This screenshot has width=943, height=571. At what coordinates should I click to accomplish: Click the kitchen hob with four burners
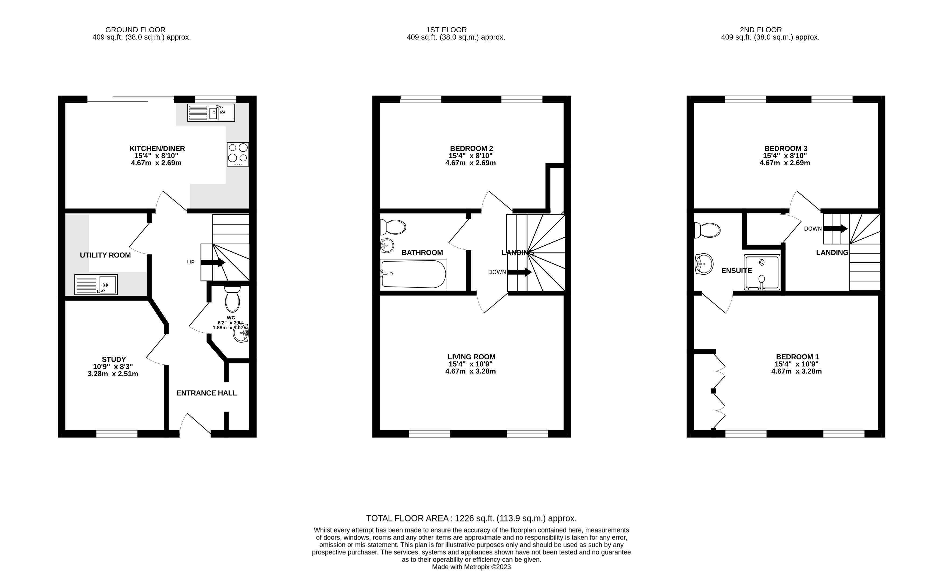[238, 154]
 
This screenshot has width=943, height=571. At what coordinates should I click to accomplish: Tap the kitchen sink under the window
[211, 112]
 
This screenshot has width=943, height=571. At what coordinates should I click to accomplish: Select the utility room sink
[96, 284]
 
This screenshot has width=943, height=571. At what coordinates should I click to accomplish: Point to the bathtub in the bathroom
[413, 274]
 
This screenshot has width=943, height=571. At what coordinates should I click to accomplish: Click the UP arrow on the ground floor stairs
[213, 262]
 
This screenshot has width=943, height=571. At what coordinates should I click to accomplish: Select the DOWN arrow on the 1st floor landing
[519, 272]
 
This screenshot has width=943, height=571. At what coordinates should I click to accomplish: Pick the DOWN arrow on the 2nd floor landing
[835, 229]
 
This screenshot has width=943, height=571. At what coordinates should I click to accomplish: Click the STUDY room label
[114, 359]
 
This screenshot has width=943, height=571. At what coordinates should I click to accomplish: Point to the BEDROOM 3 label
[786, 149]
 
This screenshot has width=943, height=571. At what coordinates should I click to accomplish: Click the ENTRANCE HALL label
[207, 393]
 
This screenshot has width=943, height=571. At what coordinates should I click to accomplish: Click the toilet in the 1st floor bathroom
[393, 227]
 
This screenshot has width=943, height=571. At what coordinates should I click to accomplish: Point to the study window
[117, 434]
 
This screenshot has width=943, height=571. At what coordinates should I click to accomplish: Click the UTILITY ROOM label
[105, 255]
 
